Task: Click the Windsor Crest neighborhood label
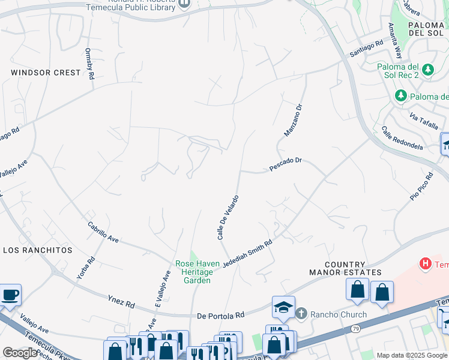(46, 73)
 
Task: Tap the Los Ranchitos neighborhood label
(38, 250)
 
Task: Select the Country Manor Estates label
(353, 268)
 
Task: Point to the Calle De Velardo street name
(228, 217)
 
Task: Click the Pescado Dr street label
(285, 165)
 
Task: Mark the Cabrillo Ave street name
(103, 232)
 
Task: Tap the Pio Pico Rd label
(421, 187)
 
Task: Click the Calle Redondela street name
(402, 139)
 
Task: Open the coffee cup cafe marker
(10, 295)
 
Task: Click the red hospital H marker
(426, 263)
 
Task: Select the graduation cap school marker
(283, 307)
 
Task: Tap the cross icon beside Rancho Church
(301, 313)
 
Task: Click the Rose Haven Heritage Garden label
(193, 272)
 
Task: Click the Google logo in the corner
(20, 353)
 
